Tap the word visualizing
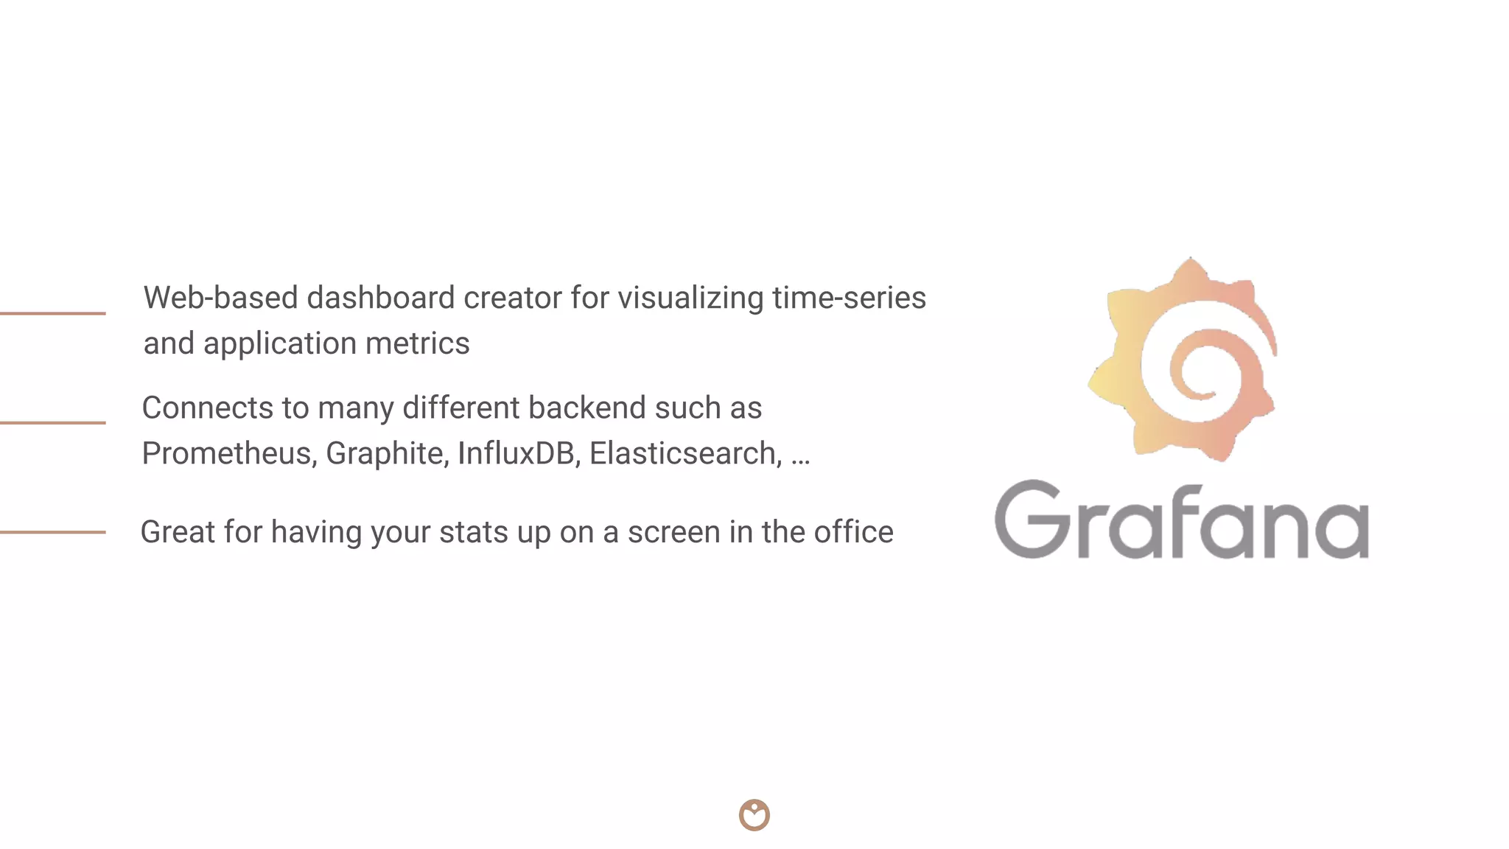[x=690, y=298]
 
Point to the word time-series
[x=849, y=298]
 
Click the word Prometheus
[x=229, y=453]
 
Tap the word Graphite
[x=387, y=453]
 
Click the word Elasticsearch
[x=685, y=453]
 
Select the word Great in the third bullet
[x=178, y=532]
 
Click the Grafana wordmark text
[x=1181, y=520]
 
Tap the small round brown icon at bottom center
[x=754, y=815]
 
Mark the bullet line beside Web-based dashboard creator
[x=53, y=313]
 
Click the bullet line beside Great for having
[x=53, y=532]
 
